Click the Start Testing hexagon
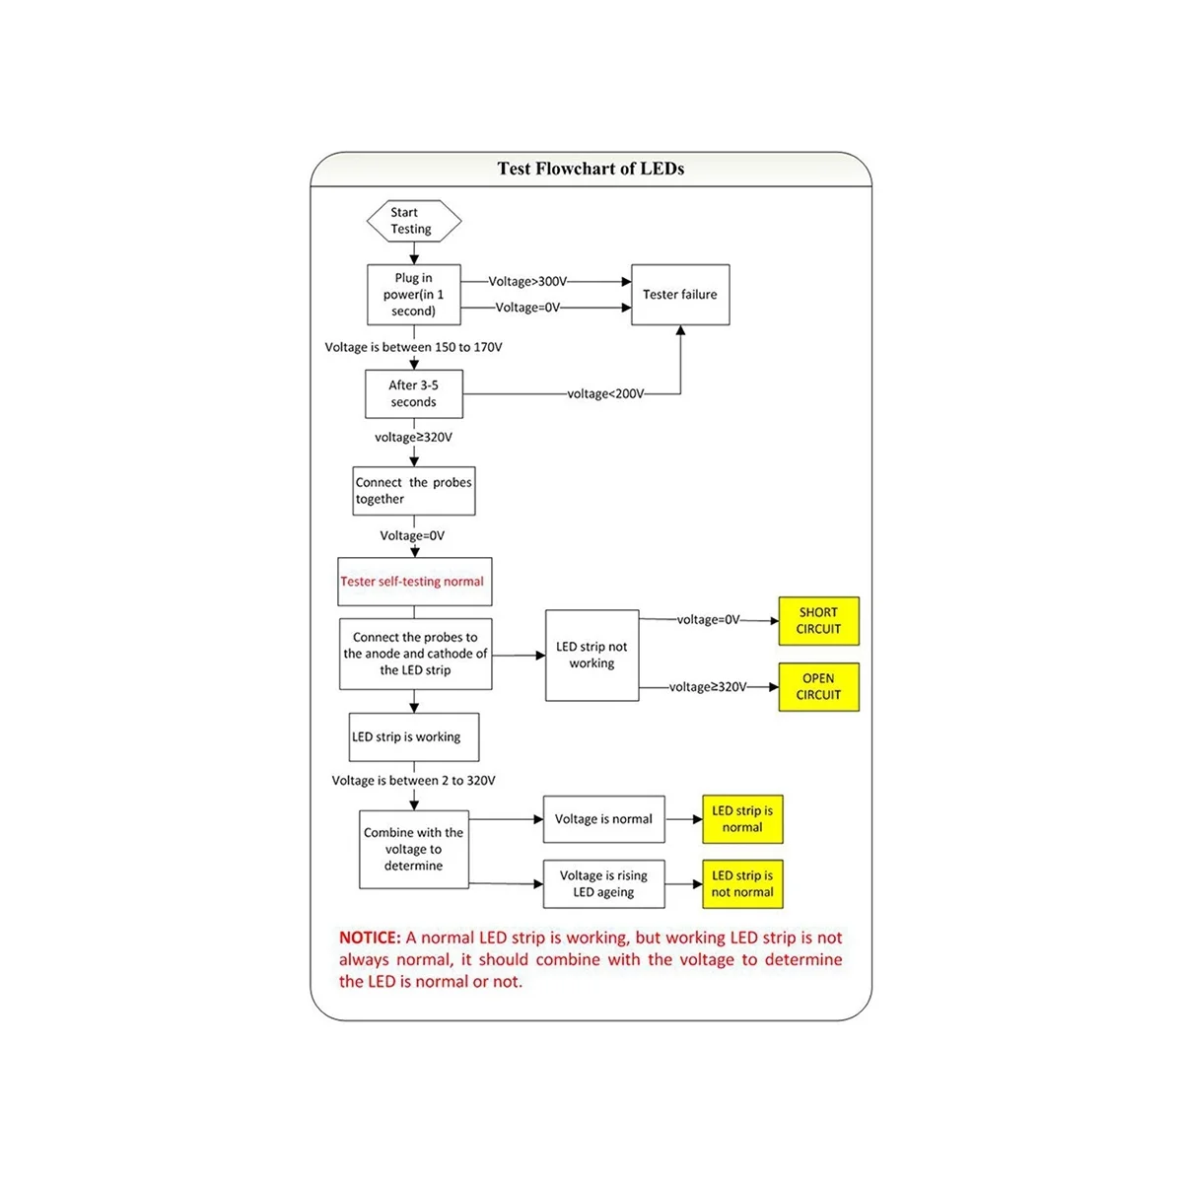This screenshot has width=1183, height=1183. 413,221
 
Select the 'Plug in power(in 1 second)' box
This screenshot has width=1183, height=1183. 413,295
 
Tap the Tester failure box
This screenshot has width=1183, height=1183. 680,295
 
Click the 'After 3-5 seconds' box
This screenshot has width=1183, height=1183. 413,394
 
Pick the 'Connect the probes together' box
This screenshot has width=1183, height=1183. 414,491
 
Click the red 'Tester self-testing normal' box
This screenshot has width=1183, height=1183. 414,582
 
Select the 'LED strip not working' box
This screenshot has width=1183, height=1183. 591,656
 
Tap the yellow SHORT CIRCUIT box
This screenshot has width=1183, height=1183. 818,621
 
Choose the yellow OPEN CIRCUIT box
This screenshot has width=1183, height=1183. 818,687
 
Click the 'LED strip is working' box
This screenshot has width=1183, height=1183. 414,737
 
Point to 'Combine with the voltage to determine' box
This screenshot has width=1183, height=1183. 413,849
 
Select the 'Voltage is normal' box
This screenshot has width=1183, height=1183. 604,819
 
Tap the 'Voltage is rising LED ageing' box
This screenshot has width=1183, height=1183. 604,884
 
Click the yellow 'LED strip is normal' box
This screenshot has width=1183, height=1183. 742,819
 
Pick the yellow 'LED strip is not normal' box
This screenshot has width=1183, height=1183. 742,884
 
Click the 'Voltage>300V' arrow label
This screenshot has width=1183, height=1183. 528,282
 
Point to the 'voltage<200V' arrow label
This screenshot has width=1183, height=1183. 606,394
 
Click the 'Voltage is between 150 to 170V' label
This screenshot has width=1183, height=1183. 414,347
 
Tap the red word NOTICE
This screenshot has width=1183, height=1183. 370,938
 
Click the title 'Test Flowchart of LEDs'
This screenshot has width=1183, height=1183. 591,169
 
